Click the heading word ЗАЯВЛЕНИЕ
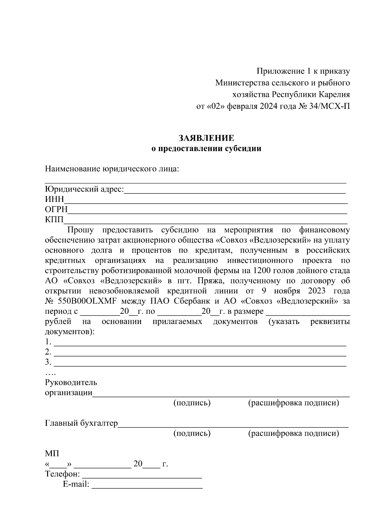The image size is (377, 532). click(206, 138)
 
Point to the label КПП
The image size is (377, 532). click(54, 220)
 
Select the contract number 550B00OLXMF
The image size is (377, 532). click(87, 301)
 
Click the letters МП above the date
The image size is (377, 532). click(52, 454)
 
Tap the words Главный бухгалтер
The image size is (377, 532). click(81, 424)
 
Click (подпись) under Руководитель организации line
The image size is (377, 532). click(192, 403)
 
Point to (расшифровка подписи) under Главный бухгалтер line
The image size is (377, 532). click(293, 434)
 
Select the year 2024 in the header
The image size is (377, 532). click(269, 107)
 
